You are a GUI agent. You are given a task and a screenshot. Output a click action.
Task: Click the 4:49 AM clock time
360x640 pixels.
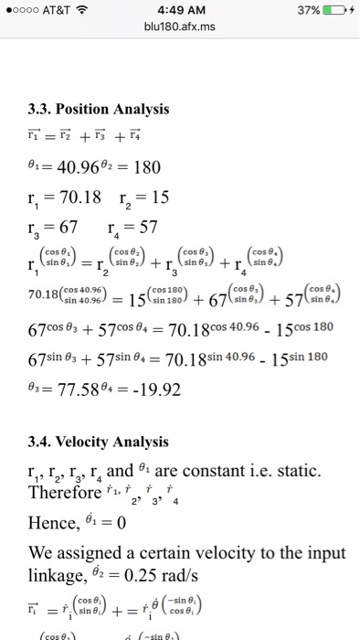point(180,12)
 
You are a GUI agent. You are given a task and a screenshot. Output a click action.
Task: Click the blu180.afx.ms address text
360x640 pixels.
point(180,29)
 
